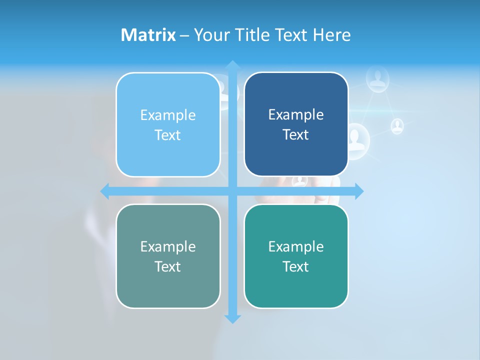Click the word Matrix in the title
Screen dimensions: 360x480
coord(148,35)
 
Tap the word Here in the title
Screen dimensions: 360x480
coord(331,35)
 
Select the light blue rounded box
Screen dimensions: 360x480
coord(168,125)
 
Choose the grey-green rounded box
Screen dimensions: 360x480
coord(168,256)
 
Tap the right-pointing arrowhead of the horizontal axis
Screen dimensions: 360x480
coord(359,191)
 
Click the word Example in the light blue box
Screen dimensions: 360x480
coord(168,115)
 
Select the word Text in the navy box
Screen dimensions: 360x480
coord(296,135)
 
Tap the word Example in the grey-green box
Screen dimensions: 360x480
coord(168,246)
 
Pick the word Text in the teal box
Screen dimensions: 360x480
coord(296,266)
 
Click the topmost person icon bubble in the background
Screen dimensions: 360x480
coord(377,78)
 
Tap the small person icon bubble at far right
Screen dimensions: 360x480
coord(397,125)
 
